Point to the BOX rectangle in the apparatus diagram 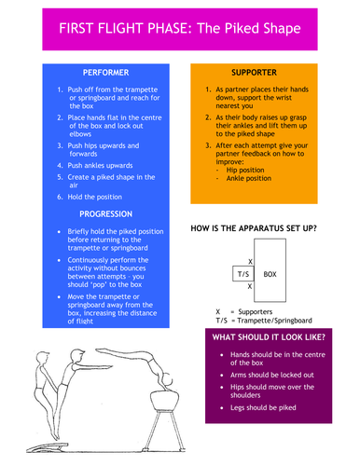tap(270, 275)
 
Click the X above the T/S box tap(249, 262)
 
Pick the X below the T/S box tap(249, 288)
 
